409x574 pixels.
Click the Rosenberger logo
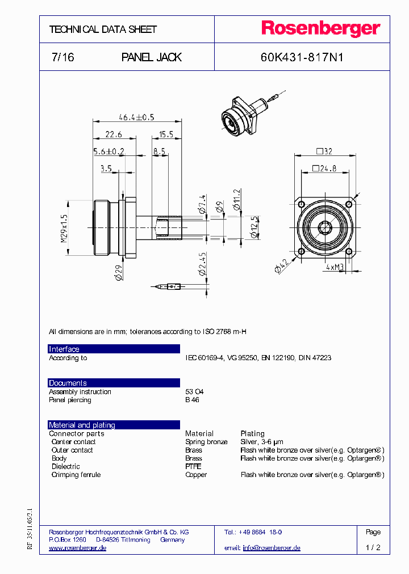coord(320,29)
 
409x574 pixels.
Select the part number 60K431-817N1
coord(302,57)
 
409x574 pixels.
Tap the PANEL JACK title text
coord(152,57)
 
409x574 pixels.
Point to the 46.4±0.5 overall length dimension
coord(136,117)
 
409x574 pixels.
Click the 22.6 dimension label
coord(114,134)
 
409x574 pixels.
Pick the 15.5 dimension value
coord(166,134)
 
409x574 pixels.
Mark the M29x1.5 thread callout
coord(64,229)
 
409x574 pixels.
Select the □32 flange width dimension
coord(324,151)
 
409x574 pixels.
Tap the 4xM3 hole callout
coord(336,266)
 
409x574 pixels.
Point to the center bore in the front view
coord(325,228)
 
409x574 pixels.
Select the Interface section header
coord(64,349)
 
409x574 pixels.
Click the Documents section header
coord(68,383)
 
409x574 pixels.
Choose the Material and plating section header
coord(82,425)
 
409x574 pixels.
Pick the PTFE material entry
coord(193,466)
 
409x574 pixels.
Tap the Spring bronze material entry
coord(206,442)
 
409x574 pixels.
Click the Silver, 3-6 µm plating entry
coord(261,442)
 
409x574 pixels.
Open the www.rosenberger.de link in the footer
coord(77,548)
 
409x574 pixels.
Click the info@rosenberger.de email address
coord(272,548)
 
